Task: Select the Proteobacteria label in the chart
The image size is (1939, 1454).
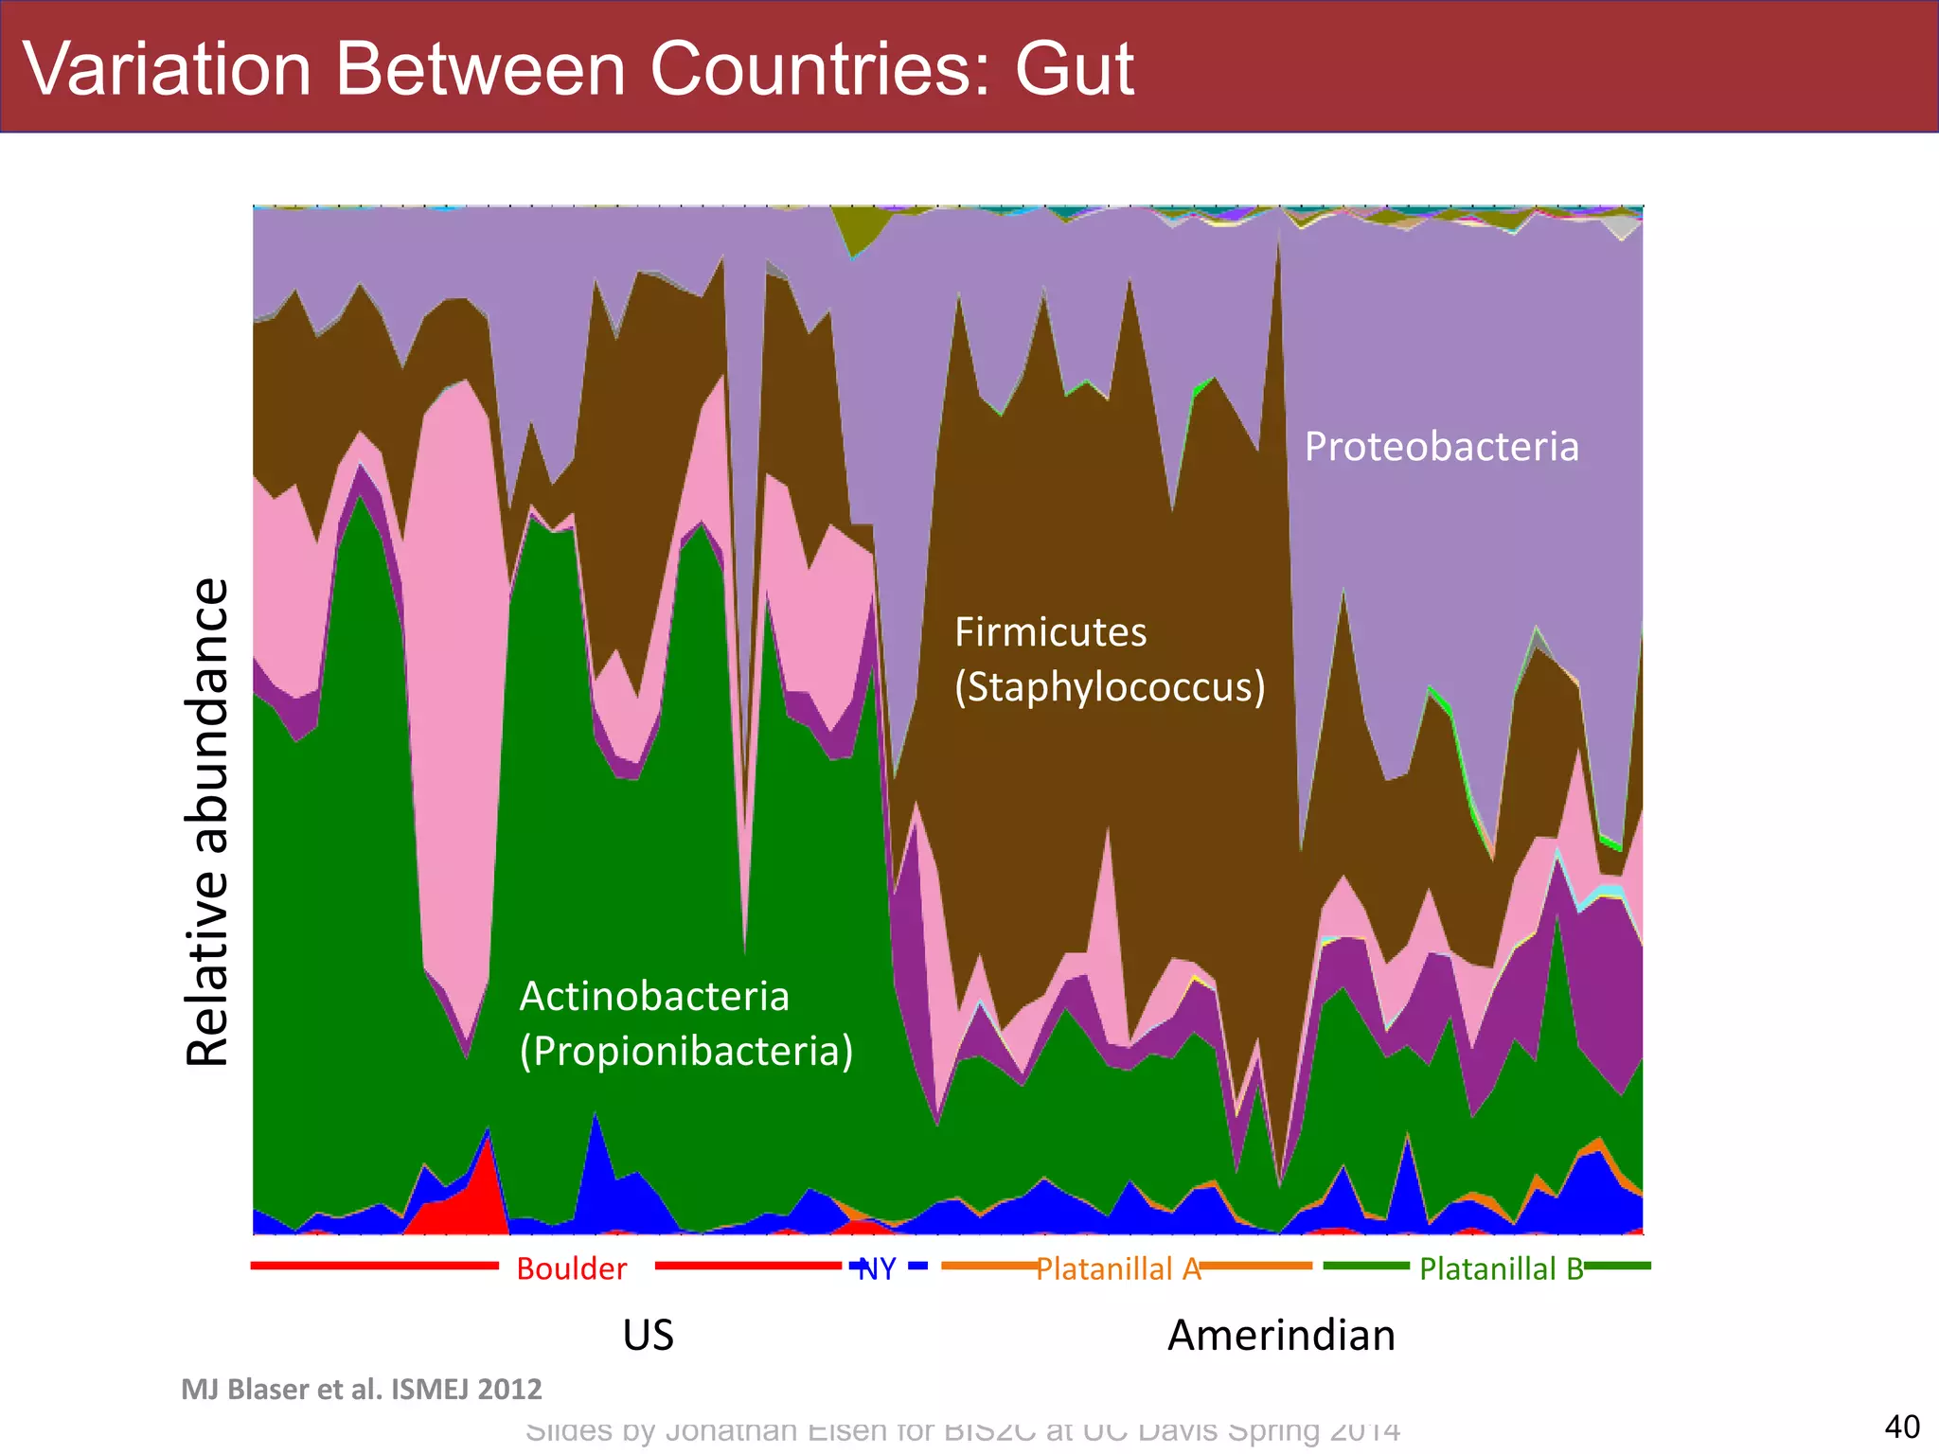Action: (1441, 446)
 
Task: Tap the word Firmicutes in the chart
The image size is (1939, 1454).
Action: (1050, 631)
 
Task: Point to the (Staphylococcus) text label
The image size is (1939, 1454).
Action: (1109, 686)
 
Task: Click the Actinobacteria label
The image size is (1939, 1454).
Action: (654, 996)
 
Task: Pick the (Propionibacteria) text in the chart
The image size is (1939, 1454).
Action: (685, 1051)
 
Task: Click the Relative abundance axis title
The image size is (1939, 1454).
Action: (207, 822)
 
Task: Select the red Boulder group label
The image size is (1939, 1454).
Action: (571, 1268)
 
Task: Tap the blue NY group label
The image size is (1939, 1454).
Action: (877, 1268)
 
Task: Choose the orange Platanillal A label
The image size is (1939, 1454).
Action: (1117, 1268)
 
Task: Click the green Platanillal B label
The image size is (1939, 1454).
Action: (1501, 1268)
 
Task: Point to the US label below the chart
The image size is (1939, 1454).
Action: (648, 1335)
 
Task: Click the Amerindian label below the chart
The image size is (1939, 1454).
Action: (1281, 1335)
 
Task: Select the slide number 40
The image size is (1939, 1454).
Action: (1901, 1427)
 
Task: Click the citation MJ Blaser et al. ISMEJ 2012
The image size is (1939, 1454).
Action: (361, 1389)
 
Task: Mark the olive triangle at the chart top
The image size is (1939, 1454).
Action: (858, 227)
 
